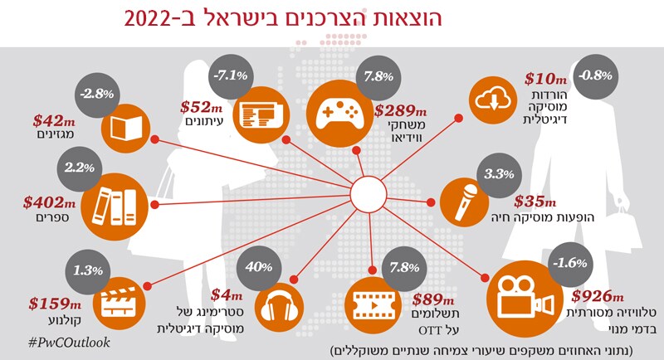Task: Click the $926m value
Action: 597,296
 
